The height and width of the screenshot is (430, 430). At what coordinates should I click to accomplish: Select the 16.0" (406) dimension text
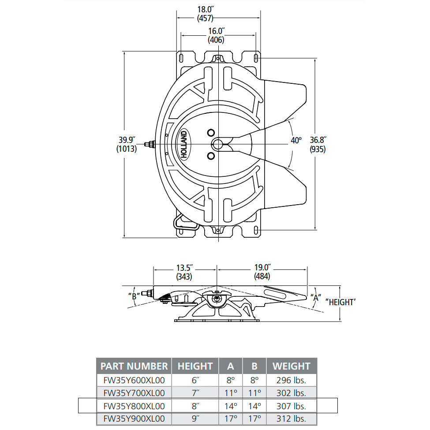coord(216,35)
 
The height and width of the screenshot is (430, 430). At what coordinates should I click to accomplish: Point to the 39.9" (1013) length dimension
coord(127,145)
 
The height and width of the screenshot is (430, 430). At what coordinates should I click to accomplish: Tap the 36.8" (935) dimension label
coord(317,145)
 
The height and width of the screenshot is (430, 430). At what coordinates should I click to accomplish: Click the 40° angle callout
coord(296,141)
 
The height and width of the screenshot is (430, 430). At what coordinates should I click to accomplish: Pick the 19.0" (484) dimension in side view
coord(262,272)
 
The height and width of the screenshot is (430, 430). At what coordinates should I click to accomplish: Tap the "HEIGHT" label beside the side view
coord(340,302)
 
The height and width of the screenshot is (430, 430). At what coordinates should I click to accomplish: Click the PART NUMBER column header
coord(134,366)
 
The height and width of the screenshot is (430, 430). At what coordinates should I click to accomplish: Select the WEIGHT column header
coord(291,366)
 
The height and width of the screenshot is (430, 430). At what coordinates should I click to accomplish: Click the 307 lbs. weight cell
coord(291,406)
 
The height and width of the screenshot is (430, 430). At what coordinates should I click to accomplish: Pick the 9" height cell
coord(195,418)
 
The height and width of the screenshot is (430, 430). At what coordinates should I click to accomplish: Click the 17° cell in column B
coord(254,418)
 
